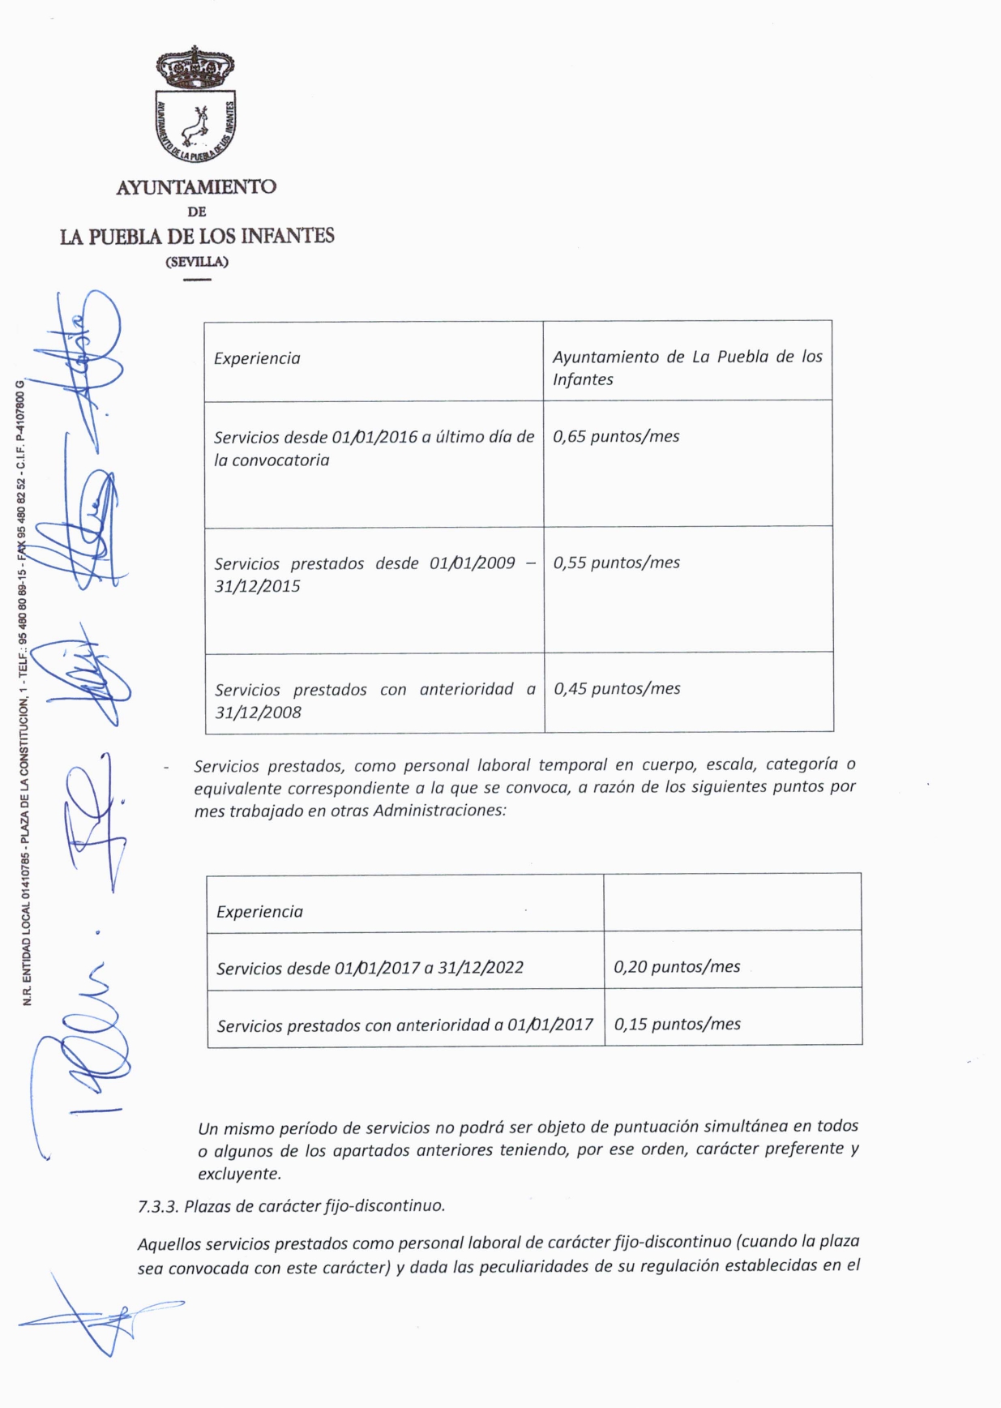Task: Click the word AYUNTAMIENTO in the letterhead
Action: [196, 187]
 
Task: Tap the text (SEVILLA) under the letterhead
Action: [197, 262]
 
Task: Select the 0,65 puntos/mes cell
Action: [616, 436]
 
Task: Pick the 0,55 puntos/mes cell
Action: [617, 563]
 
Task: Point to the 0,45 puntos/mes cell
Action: [617, 688]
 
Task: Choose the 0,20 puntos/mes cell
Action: [677, 966]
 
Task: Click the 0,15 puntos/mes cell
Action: [677, 1024]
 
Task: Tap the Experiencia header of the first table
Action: [257, 358]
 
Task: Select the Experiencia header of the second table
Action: [259, 912]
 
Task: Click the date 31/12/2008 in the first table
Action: [258, 713]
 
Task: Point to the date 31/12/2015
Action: [257, 586]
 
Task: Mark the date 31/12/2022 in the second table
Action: [481, 967]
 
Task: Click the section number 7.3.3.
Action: [157, 1206]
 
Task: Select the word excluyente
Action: [239, 1173]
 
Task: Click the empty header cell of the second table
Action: [732, 902]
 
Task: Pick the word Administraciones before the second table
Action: [438, 810]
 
